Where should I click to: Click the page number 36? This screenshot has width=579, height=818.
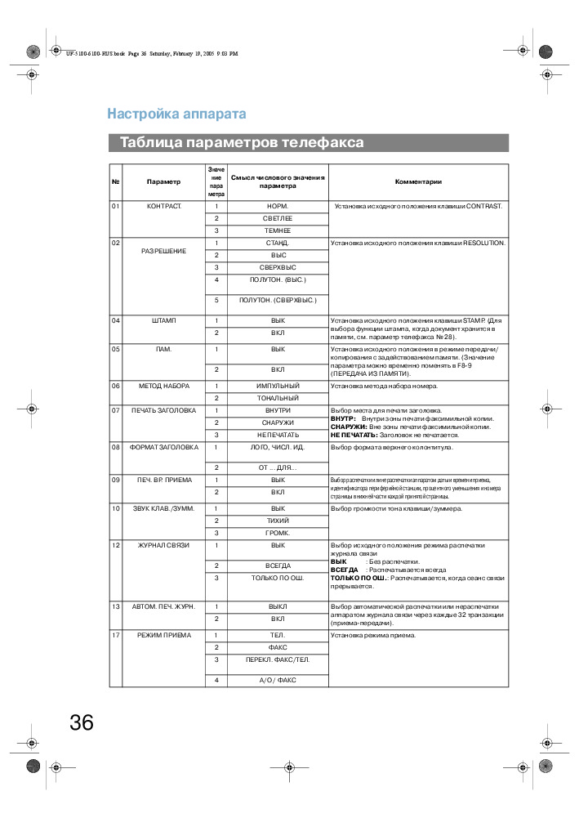coord(82,722)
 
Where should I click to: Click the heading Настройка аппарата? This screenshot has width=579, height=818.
coord(176,114)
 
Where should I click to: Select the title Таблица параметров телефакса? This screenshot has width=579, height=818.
coord(242,143)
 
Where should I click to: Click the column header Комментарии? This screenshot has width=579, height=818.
coord(418,181)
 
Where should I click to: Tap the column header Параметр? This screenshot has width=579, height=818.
coord(164,181)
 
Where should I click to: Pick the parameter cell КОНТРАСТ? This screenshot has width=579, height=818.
coord(164,206)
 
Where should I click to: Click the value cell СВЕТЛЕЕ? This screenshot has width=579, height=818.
coord(278,218)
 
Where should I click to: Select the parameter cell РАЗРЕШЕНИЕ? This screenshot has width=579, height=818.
coord(164,250)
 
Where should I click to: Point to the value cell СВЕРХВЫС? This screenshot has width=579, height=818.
coord(278,267)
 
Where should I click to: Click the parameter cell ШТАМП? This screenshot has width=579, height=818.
coord(164,320)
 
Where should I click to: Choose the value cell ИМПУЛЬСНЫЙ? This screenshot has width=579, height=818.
coord(278,385)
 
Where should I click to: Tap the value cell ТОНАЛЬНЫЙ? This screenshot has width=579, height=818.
coord(278,397)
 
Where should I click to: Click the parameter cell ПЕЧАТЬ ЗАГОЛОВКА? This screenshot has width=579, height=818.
coord(164,409)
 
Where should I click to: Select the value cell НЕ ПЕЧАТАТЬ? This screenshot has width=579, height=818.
coord(278,434)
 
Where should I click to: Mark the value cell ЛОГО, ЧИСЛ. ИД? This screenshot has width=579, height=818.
coord(278,447)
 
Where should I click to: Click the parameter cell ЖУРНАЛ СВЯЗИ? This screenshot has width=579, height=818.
coord(164,545)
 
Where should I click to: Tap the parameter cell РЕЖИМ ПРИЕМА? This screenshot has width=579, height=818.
coord(164,634)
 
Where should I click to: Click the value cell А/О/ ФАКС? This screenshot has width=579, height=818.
coord(278,680)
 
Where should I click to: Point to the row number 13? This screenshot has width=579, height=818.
coord(116,606)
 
